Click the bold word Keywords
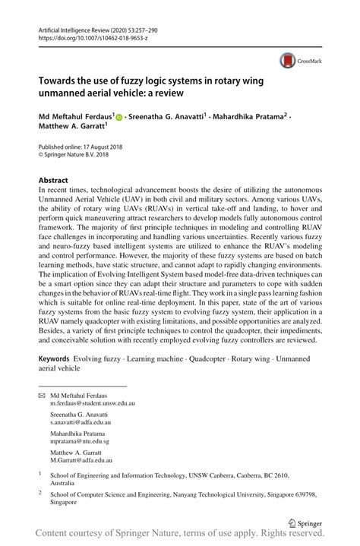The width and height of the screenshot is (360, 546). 58,356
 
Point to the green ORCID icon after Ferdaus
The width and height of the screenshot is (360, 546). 120,118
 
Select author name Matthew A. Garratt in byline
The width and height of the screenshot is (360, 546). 74,128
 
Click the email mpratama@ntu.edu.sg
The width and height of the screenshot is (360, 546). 80,440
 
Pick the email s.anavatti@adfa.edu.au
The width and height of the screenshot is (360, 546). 81,422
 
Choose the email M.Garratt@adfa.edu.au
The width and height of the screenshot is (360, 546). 81,459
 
